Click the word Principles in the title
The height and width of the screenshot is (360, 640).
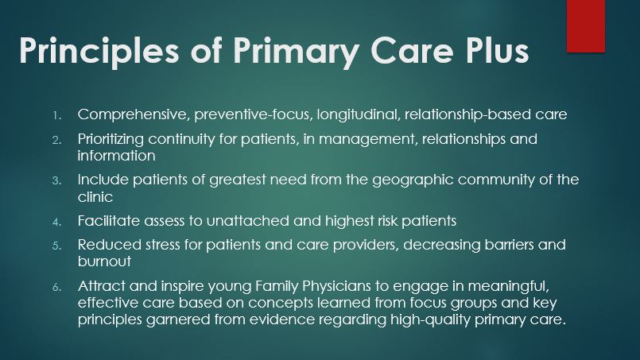point(99,51)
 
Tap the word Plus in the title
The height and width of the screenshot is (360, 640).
point(495,50)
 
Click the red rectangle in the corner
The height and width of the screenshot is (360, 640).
point(586,26)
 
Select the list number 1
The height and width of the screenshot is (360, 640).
point(56,115)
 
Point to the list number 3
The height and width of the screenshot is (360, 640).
point(56,181)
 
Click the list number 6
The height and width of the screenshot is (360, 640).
point(56,287)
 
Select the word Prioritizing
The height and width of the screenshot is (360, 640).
point(111,140)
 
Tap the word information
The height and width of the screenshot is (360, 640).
point(116,156)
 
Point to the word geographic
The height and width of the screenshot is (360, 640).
point(413,180)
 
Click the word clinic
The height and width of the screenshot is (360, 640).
point(95,197)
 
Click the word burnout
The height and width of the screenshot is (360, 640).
point(104,261)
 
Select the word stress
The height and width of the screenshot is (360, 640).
point(162,245)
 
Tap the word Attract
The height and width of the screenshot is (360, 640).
point(101,286)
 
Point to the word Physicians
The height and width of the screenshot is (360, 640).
point(336,287)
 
